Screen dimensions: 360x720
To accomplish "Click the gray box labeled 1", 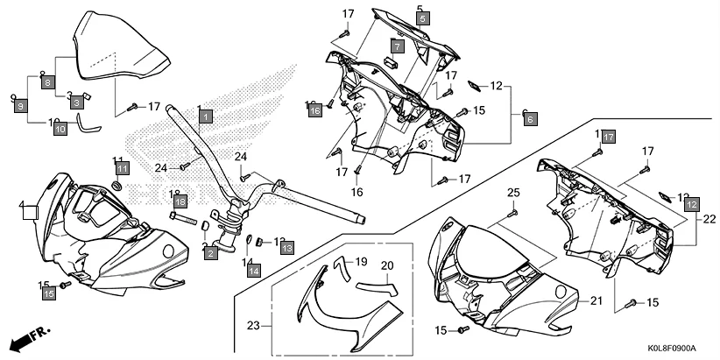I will coord(205,116).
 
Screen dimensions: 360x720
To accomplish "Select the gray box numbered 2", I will coord(211,253).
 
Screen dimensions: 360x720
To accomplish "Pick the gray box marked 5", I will coord(422,18).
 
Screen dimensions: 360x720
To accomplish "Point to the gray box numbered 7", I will coord(397,46).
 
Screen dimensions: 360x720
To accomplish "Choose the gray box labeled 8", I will coord(48,81).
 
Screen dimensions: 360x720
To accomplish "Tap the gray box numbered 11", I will coord(122,167).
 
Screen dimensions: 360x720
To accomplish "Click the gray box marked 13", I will coord(286,249).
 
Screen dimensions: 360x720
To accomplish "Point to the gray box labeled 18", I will coord(180,201).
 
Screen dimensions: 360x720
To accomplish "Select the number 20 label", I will coord(387,265).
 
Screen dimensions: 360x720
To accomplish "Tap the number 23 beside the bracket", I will coord(253,325).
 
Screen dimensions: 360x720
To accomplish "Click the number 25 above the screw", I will coord(513,192).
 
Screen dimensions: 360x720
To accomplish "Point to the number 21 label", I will coord(596,300).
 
